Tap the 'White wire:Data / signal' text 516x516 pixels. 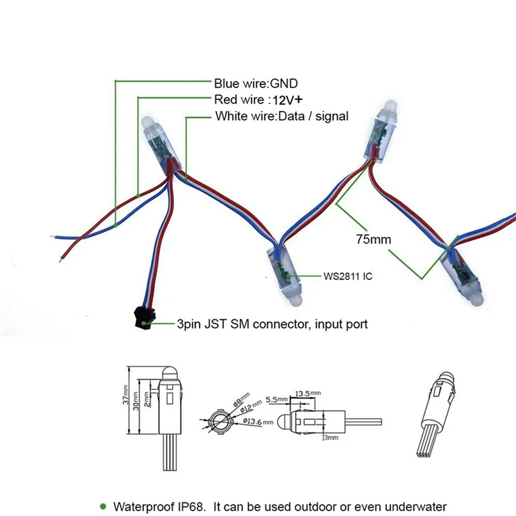tap(281, 117)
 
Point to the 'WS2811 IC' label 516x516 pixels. tap(348, 276)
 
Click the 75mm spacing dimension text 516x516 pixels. tap(373, 239)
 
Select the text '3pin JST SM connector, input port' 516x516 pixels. tap(272, 324)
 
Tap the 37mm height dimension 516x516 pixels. tap(126, 397)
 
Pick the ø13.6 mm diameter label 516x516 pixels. tap(260, 421)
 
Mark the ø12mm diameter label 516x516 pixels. tap(252, 406)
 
